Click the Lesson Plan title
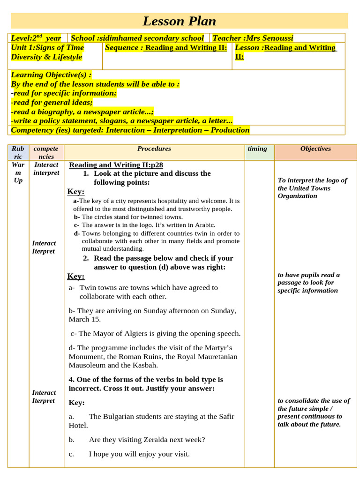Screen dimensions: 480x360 [179, 21]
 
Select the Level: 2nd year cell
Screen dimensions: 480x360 [36, 38]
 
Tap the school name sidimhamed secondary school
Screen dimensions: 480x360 [137, 38]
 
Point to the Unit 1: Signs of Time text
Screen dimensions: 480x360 [47, 47]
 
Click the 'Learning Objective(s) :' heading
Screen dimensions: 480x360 [51, 75]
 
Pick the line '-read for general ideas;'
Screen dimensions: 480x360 [52, 102]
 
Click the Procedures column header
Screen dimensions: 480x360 [154, 149]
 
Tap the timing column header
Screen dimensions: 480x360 [257, 149]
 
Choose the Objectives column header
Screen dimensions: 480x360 [315, 149]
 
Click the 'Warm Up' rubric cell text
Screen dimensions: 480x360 [18, 172]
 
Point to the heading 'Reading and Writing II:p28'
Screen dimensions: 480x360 [116, 165]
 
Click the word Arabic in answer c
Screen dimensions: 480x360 [204, 225]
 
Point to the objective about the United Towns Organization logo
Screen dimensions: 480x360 [312, 188]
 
